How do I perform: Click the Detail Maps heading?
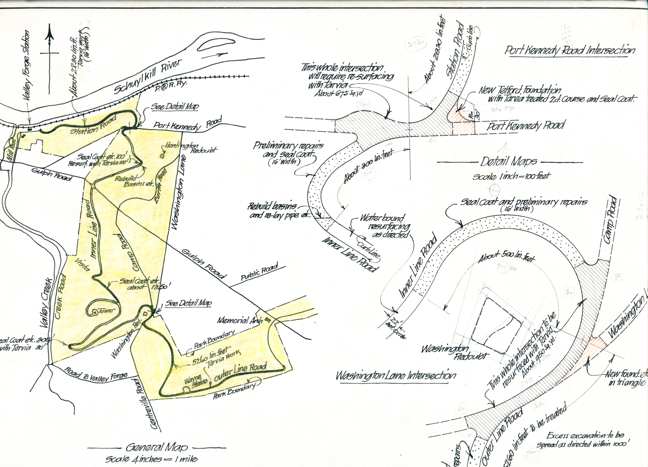point(509,162)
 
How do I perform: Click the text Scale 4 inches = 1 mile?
point(151,459)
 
